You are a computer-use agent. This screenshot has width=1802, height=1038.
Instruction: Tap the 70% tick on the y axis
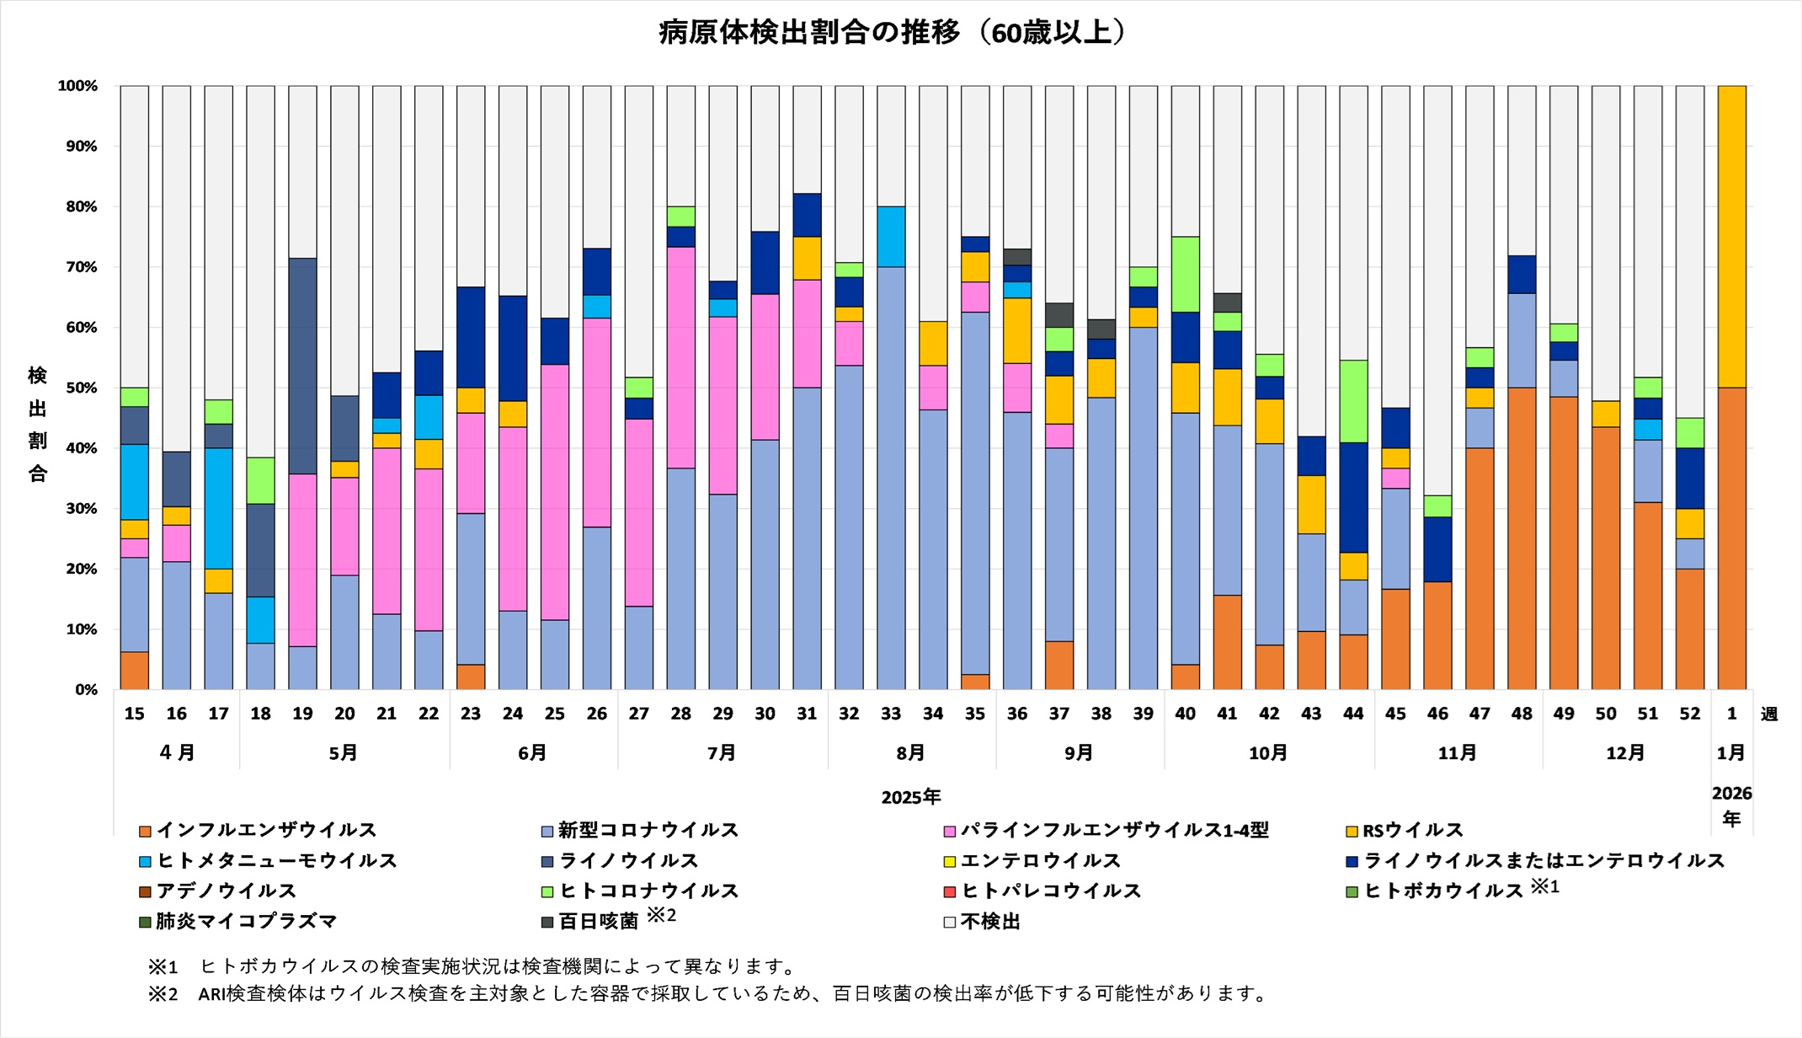click(77, 267)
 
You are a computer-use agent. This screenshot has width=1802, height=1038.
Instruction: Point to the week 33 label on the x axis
click(891, 714)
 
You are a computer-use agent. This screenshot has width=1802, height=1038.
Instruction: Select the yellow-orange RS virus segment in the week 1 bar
click(1731, 236)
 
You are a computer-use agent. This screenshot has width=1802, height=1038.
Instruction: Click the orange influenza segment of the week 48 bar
click(1522, 539)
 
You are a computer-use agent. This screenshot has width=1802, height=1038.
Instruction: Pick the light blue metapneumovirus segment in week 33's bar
click(891, 237)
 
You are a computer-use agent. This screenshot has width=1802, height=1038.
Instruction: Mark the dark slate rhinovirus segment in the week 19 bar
click(302, 366)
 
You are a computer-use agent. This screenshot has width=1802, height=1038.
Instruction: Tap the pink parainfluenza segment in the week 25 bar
click(555, 492)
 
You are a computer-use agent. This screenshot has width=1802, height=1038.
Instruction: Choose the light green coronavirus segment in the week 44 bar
click(1353, 401)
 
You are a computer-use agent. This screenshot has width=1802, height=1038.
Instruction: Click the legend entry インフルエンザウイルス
click(266, 831)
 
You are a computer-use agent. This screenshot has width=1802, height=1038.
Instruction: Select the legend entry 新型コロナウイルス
click(648, 831)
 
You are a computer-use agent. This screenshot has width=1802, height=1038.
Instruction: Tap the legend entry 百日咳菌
click(598, 922)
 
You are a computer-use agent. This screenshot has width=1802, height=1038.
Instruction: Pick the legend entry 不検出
click(989, 922)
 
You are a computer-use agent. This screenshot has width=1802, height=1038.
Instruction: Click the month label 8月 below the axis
click(910, 752)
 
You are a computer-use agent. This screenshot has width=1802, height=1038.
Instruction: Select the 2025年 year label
click(910, 796)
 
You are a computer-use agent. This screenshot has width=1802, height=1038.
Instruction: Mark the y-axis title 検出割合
click(38, 424)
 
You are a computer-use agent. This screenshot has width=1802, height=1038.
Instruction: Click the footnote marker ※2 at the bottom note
click(163, 994)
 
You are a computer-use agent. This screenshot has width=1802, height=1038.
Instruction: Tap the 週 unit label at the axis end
click(1769, 714)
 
